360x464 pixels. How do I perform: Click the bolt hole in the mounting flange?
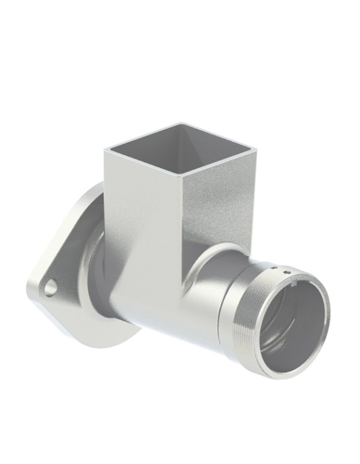(x=50, y=287)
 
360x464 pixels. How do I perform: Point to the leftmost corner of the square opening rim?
(x=106, y=149)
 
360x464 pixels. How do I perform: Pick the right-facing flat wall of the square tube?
(x=217, y=201)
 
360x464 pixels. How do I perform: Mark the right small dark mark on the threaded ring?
(x=288, y=272)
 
